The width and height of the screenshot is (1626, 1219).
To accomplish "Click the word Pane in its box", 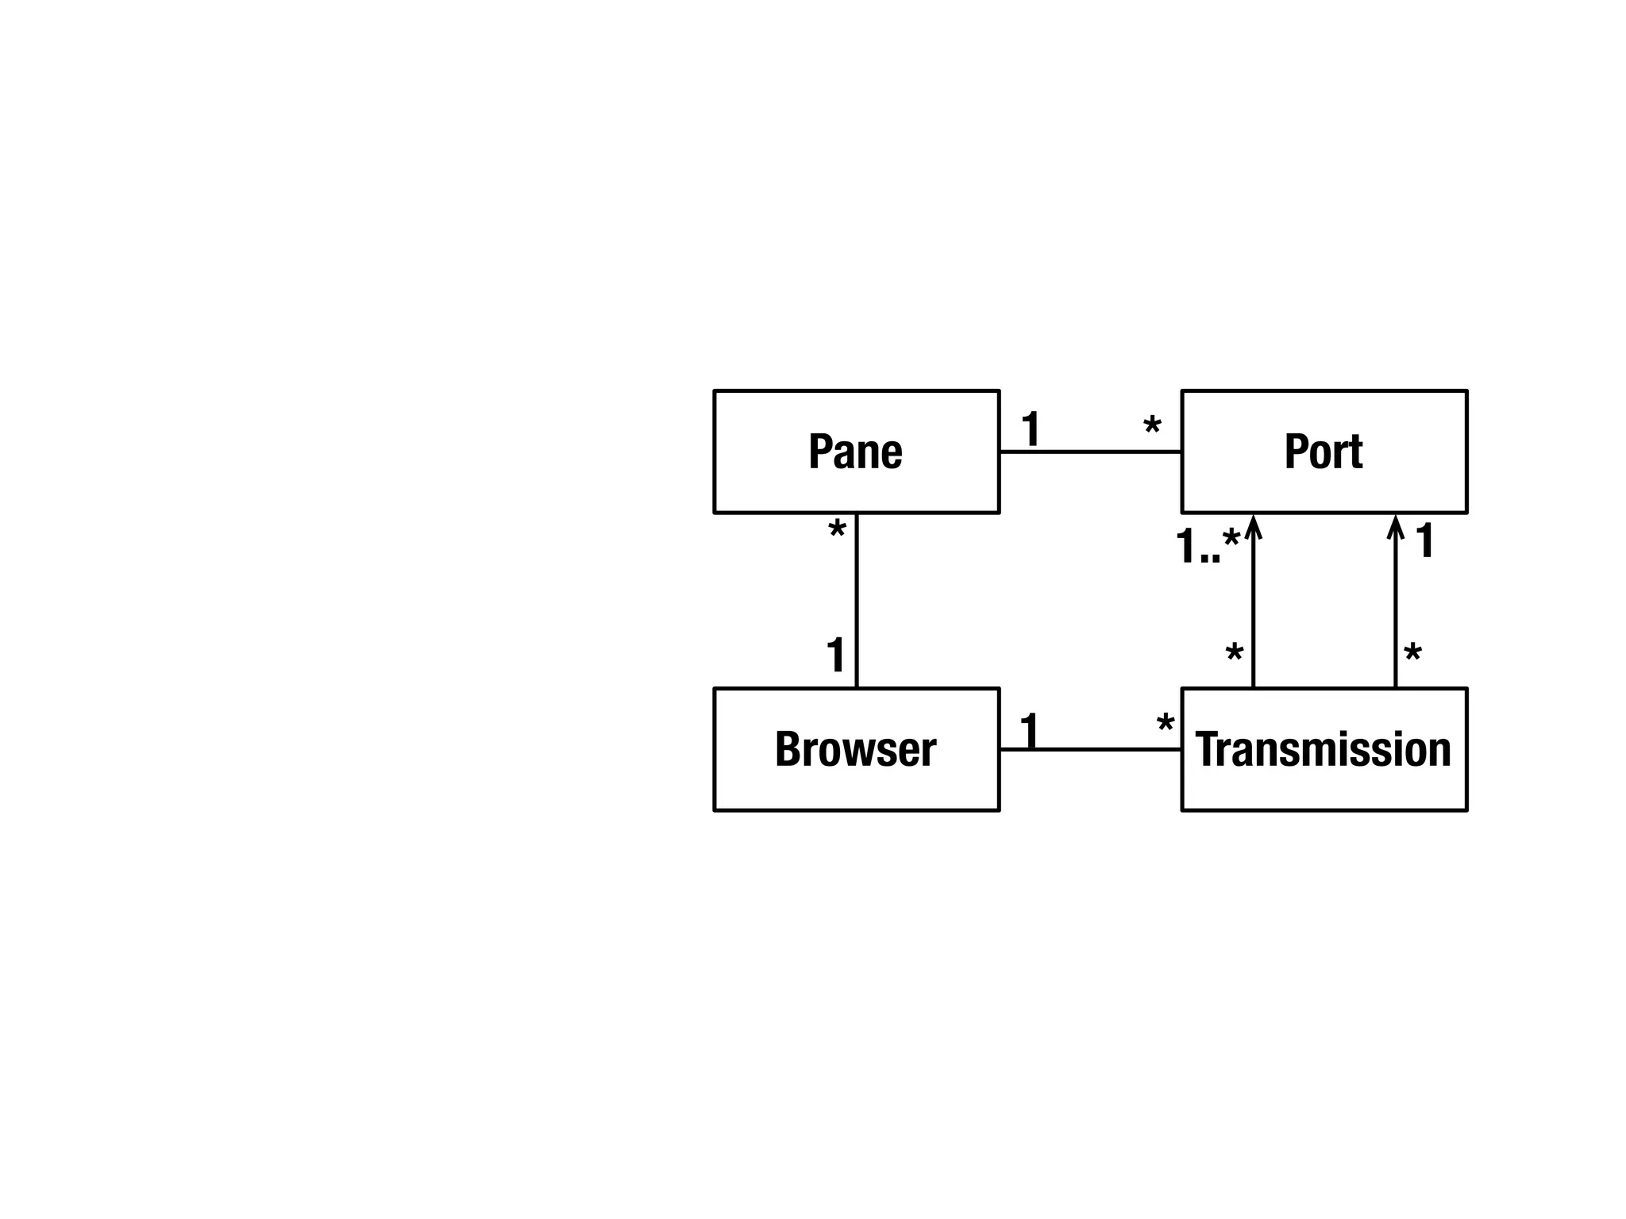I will coord(855,452).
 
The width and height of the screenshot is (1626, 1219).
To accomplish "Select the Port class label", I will coord(1323,452).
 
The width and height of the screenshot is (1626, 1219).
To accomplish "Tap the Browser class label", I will coord(855,749).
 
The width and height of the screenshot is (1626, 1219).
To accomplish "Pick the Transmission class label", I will coord(1323,749).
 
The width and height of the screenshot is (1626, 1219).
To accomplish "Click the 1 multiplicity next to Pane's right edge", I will coord(1031,429).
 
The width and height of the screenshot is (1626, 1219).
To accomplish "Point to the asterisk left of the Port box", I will coord(1152,427).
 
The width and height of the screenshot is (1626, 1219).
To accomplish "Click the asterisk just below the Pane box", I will coord(837,531).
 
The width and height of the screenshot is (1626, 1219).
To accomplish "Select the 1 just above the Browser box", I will coord(835,656).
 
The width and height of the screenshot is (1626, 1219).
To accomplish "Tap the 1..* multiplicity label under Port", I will coord(1207,546).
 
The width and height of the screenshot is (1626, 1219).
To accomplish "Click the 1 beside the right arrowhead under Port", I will coord(1425,540).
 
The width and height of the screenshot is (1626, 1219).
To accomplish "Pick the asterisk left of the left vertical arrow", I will coord(1234,655).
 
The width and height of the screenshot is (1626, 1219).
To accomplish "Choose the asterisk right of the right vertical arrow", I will coord(1412,655).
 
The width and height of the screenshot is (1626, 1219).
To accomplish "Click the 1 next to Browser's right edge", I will coord(1029,731).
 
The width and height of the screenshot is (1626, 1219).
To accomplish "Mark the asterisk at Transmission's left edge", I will coord(1166,724).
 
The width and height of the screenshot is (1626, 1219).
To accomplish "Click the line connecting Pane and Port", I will coord(1089,452).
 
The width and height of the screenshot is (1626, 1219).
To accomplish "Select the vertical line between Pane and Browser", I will coord(857,599).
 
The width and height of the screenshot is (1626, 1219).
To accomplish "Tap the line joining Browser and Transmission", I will coord(1089,749).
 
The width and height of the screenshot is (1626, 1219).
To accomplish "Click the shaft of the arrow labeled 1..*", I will coord(1253,611).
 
